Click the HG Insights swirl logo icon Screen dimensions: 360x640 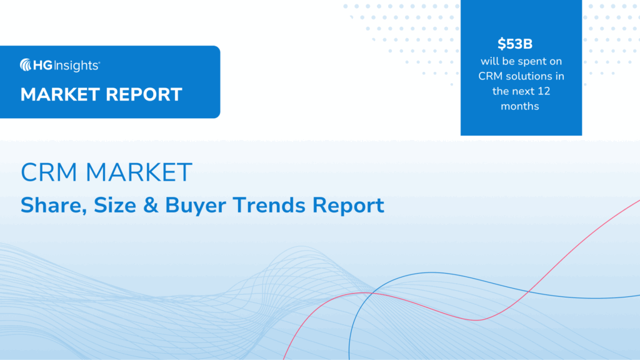(26, 64)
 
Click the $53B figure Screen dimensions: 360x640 (520, 44)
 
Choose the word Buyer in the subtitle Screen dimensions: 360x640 (189, 206)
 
